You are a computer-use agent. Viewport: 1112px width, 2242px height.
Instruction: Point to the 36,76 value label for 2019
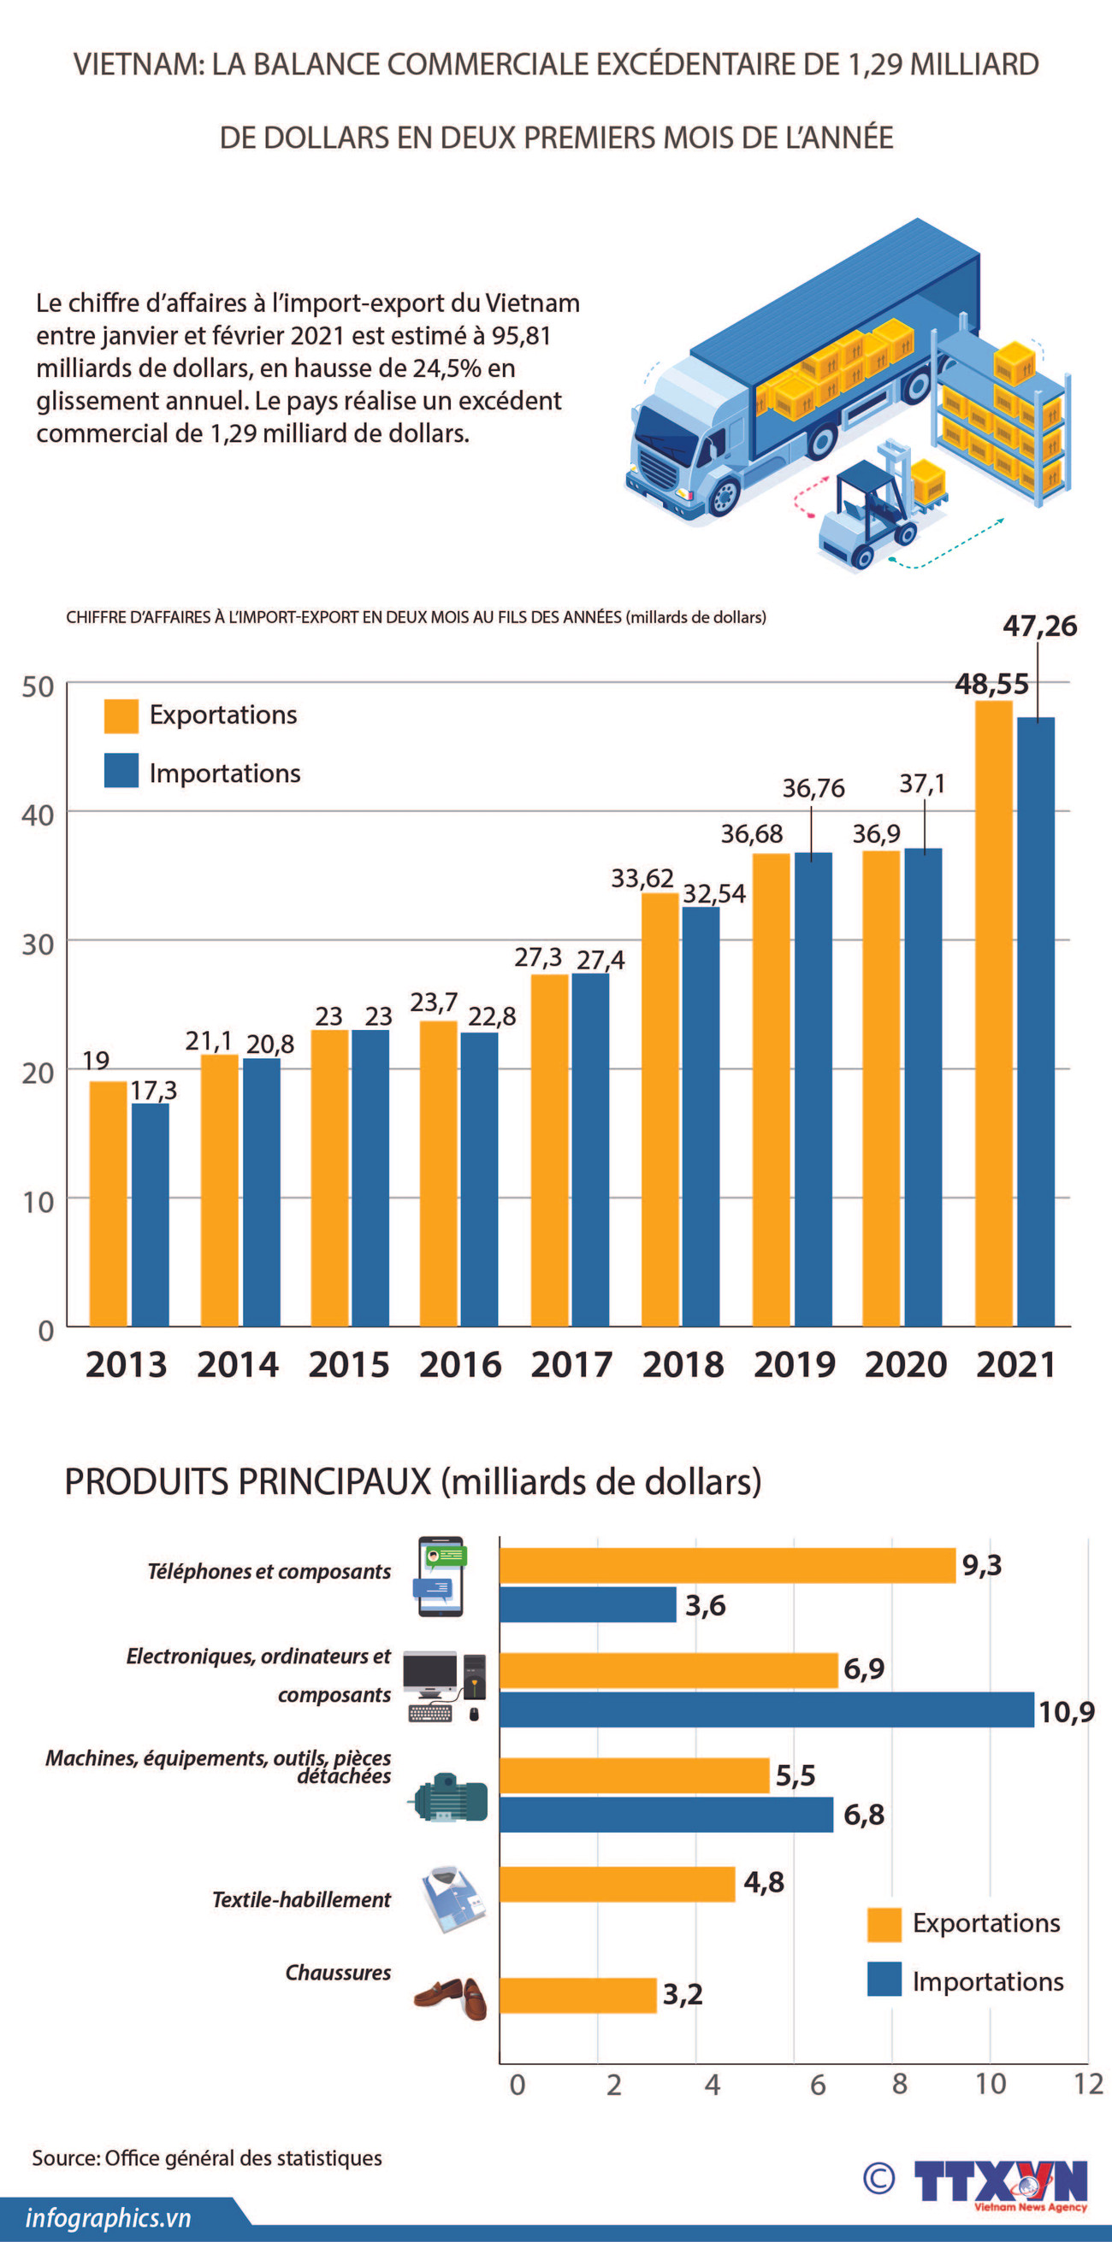[x=813, y=789]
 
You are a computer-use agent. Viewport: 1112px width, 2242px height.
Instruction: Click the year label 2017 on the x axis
[x=571, y=1365]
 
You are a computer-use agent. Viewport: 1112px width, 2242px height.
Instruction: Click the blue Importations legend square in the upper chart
[x=121, y=771]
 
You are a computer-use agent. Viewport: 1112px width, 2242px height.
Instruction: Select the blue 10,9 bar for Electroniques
[x=766, y=1709]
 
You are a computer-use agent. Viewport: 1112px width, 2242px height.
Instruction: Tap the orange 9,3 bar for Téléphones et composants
[x=727, y=1566]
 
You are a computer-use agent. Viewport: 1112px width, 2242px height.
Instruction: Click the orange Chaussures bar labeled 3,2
[x=577, y=1995]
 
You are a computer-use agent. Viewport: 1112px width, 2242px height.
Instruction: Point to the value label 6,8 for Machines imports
[x=864, y=1815]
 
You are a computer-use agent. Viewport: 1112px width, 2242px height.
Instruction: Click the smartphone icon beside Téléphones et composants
[x=441, y=1576]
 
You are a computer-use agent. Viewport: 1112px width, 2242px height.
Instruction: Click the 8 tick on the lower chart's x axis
[x=900, y=2085]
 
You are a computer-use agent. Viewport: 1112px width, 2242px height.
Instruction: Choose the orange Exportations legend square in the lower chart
[x=884, y=1923]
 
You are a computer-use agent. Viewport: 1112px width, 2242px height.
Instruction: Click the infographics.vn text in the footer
[x=108, y=2217]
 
